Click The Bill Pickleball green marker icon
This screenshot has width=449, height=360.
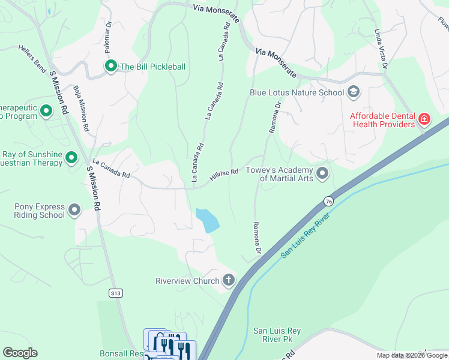click(x=110, y=67)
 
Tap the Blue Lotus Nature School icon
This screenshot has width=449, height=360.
click(x=354, y=92)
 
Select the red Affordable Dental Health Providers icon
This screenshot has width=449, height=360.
click(x=424, y=119)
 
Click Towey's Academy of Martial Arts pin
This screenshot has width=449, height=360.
click(x=322, y=174)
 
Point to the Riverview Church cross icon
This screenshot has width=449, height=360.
click(x=229, y=280)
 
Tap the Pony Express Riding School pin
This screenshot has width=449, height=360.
click(x=74, y=210)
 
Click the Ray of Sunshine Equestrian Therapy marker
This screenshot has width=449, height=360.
click(x=71, y=158)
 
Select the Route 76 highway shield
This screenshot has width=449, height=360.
click(x=328, y=201)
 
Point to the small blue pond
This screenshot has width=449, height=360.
click(x=208, y=220)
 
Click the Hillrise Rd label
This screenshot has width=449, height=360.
click(x=224, y=175)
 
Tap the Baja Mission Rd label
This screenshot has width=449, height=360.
click(x=80, y=109)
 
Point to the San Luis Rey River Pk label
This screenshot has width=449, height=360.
click(x=272, y=335)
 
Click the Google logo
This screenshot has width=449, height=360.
click(x=20, y=353)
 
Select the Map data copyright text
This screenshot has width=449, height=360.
click(x=412, y=355)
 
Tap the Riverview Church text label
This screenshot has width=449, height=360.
click(x=187, y=280)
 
